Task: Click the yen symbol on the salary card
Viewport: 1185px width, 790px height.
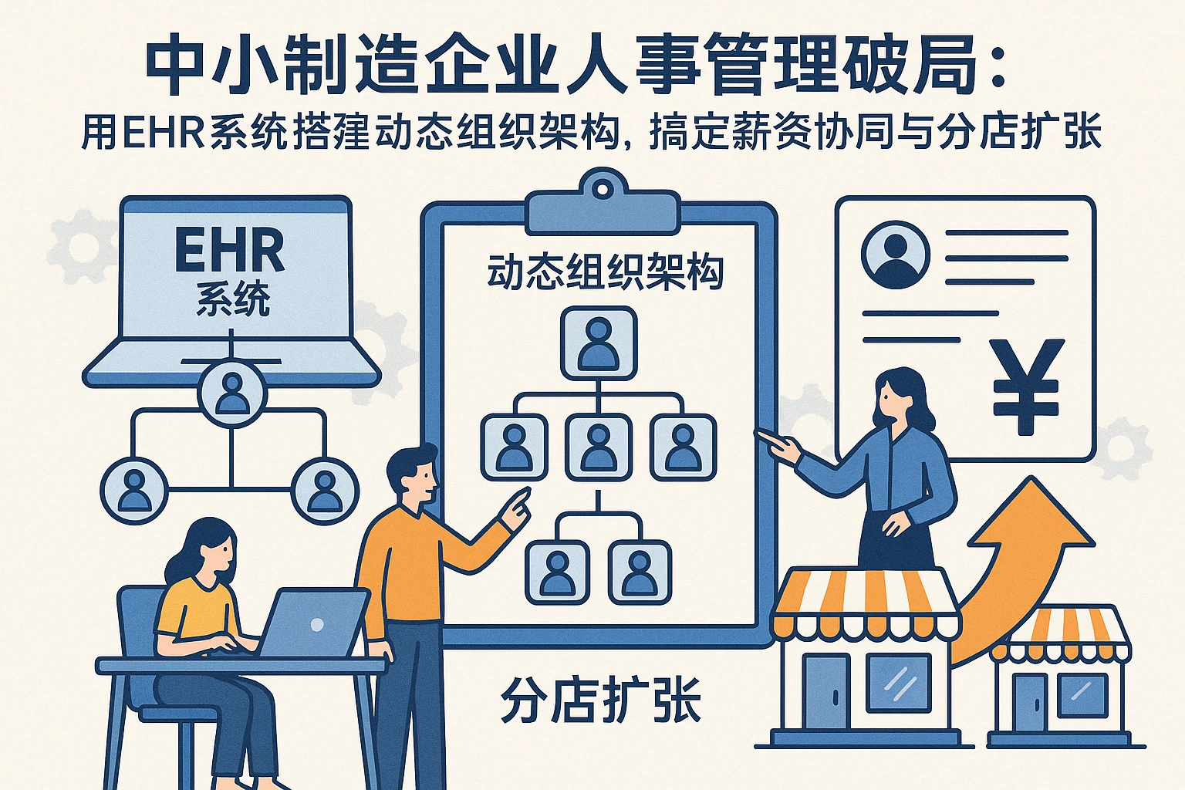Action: tap(1026, 386)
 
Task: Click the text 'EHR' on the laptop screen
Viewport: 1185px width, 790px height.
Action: tap(229, 250)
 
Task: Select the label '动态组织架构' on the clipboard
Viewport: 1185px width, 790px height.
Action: tap(606, 273)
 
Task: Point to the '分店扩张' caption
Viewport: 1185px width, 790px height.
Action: tap(600, 700)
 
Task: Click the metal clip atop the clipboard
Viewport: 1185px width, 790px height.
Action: tap(603, 202)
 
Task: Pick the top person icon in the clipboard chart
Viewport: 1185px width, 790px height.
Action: tap(599, 343)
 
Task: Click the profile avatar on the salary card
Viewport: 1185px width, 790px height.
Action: tap(896, 255)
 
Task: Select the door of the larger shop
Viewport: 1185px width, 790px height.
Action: tap(826, 690)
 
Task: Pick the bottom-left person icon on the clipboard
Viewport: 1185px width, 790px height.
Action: tap(557, 571)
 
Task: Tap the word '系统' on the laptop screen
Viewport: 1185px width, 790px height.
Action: tap(232, 299)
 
